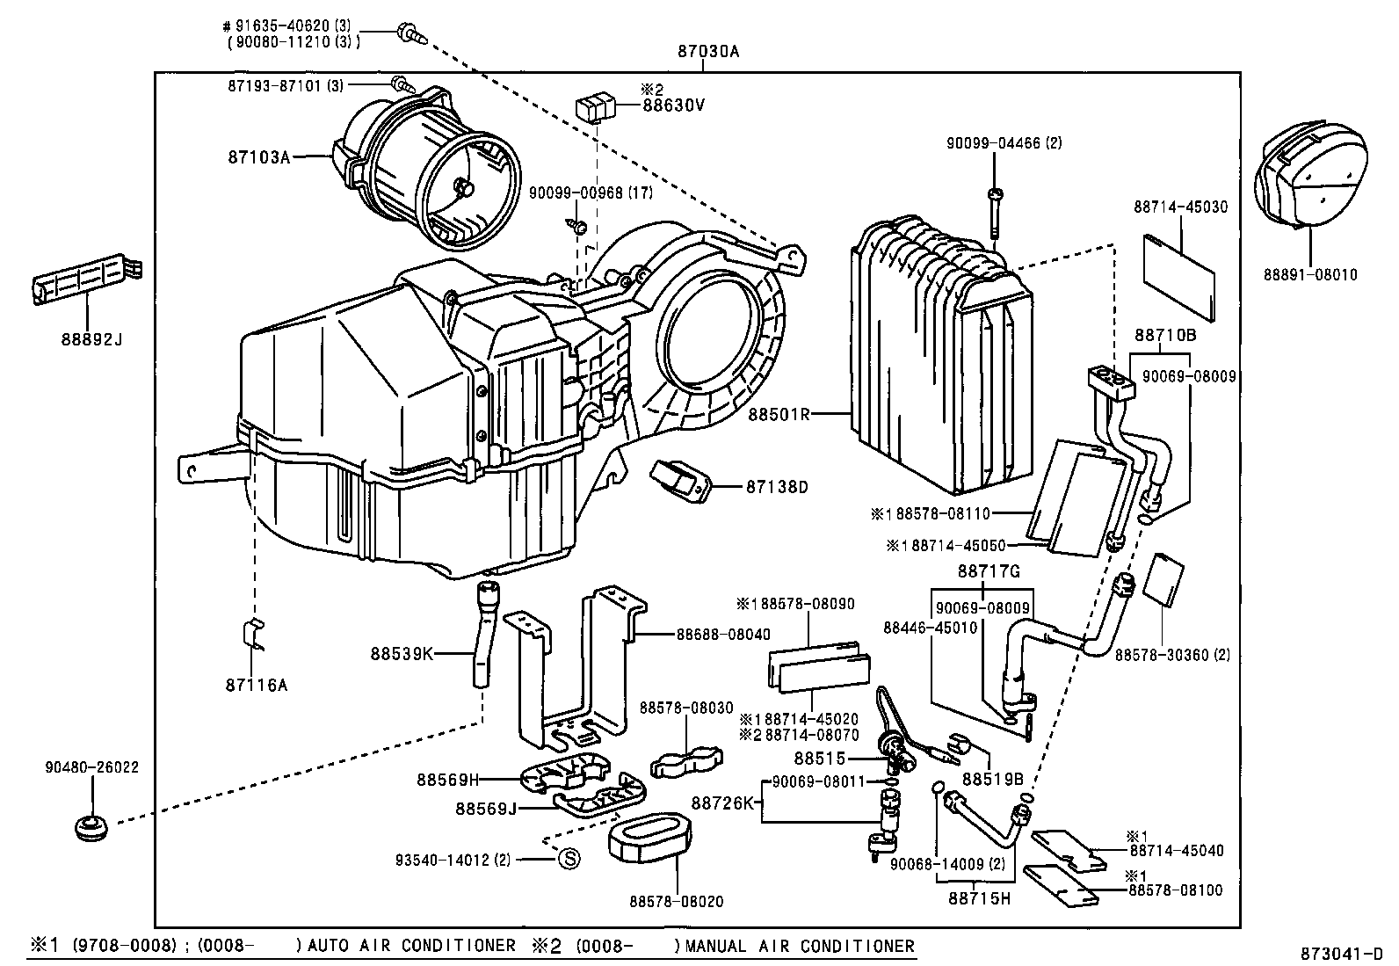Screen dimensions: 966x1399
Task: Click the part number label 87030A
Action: [x=708, y=51]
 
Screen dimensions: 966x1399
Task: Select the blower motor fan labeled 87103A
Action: [x=431, y=176]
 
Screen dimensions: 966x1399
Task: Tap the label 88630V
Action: [x=673, y=105]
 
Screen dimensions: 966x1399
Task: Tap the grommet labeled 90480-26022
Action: [x=89, y=828]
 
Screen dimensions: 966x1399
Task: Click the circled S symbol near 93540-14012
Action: [x=568, y=859]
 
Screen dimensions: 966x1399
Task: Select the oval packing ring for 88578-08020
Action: [x=649, y=839]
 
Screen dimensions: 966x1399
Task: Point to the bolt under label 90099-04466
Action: [x=994, y=214]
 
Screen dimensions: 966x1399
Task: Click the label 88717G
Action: [x=988, y=571]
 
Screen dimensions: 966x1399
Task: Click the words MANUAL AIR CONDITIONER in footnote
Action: [x=800, y=946]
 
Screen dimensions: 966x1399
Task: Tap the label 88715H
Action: [x=979, y=897]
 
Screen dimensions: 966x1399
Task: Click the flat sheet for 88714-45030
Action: [x=1178, y=273]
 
